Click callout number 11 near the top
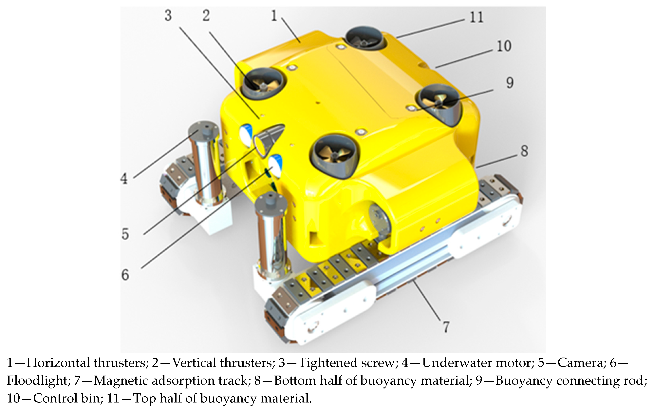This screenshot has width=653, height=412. pyautogui.click(x=476, y=17)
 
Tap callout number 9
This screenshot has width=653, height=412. pyautogui.click(x=510, y=83)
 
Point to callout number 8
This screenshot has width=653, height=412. pyautogui.click(x=524, y=151)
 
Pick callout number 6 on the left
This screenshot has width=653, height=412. pyautogui.click(x=125, y=275)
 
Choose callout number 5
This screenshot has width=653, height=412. pyautogui.click(x=125, y=234)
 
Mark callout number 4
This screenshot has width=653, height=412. pyautogui.click(x=124, y=179)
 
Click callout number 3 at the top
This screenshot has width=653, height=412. pyautogui.click(x=168, y=15)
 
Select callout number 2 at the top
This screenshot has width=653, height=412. pyautogui.click(x=206, y=15)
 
